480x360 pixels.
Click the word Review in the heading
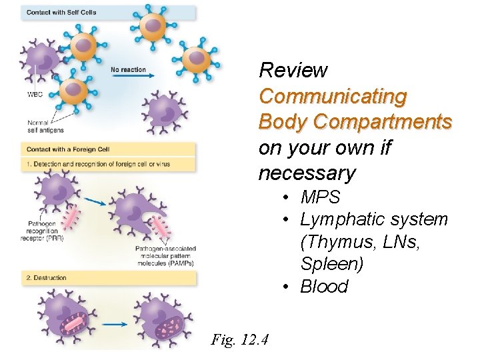click(x=293, y=70)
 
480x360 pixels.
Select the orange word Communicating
click(x=333, y=96)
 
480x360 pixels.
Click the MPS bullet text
click(x=320, y=197)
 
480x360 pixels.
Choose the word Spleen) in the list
click(x=332, y=264)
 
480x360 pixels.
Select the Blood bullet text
click(x=324, y=287)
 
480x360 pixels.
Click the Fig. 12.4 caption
click(x=239, y=340)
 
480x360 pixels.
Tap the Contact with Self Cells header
click(x=62, y=13)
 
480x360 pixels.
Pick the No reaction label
click(x=128, y=69)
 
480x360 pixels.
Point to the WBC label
click(x=35, y=94)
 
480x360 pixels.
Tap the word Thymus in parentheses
click(x=340, y=242)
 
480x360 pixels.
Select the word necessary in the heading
click(x=307, y=173)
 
